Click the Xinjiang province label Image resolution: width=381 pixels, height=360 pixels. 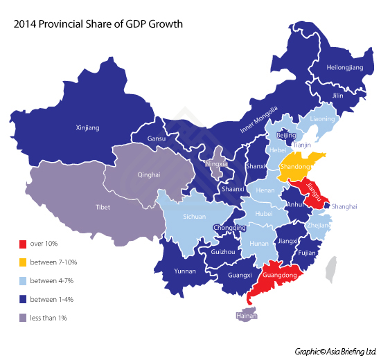[87, 127]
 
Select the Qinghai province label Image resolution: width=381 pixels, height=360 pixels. [149, 175]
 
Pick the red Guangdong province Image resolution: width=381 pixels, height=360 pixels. [278, 276]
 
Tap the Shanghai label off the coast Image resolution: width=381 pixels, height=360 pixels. [344, 206]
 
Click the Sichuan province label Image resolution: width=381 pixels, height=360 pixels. [194, 217]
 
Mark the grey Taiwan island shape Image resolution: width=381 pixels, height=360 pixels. [334, 269]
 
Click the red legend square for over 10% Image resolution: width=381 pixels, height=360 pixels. [23, 244]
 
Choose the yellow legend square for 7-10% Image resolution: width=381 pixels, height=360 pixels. [23, 262]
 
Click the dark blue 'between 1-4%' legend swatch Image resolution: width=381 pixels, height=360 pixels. [23, 299]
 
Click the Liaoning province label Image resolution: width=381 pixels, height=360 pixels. [322, 119]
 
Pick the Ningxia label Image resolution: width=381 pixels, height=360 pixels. [217, 164]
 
